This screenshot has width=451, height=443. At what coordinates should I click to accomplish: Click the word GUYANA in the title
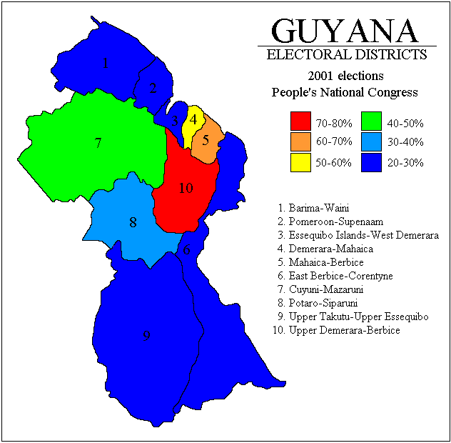coord(345,31)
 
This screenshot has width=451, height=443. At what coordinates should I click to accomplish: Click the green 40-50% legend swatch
coord(371,123)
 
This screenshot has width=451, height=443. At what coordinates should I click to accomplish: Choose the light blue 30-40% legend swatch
coord(371,142)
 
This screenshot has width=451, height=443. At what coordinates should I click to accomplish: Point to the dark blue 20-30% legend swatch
coord(371,162)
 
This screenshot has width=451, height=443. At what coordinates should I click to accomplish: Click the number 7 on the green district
coord(98,143)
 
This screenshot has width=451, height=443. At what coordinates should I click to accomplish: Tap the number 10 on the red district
coord(186,188)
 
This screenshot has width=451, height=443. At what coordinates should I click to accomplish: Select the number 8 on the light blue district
coord(133,222)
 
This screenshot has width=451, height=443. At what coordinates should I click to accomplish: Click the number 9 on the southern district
coord(146,336)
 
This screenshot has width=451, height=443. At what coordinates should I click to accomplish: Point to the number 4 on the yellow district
coord(193,119)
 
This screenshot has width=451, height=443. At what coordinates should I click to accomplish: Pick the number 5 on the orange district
coord(206,140)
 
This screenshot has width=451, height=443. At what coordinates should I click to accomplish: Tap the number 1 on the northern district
coord(106,64)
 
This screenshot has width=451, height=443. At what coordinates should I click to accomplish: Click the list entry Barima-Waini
coord(313,208)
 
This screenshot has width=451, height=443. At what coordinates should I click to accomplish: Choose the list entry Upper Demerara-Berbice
coord(335,331)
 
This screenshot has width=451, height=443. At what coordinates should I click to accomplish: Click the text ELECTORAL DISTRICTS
coord(346,55)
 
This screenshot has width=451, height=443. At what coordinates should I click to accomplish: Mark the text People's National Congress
coord(345,92)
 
